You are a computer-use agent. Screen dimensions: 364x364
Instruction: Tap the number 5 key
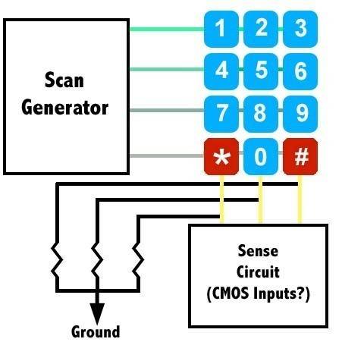pyautogui.click(x=261, y=71)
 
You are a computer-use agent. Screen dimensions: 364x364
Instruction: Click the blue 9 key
pyautogui.click(x=300, y=115)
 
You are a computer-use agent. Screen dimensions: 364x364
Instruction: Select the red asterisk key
pyautogui.click(x=221, y=156)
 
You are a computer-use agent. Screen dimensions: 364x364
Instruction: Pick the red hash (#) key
pyautogui.click(x=300, y=156)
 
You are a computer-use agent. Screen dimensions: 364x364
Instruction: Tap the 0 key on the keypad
pyautogui.click(x=261, y=156)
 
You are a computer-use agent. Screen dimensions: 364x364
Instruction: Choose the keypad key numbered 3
pyautogui.click(x=300, y=29)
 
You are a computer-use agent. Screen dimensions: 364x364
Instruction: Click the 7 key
pyautogui.click(x=221, y=115)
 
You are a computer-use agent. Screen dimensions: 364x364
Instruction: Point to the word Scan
pyautogui.click(x=64, y=80)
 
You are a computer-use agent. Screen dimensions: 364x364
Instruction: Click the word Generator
pyautogui.click(x=65, y=108)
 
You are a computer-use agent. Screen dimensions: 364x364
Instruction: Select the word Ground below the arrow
pyautogui.click(x=96, y=332)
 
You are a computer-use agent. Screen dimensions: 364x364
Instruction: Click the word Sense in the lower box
pyautogui.click(x=258, y=251)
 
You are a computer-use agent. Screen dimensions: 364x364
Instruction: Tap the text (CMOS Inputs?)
pyautogui.click(x=259, y=293)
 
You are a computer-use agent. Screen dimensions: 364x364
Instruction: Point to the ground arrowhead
pyautogui.click(x=97, y=314)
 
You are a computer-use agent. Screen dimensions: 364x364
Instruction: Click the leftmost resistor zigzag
pyautogui.click(x=58, y=260)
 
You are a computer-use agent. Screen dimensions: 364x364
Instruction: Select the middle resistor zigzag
pyautogui.click(x=97, y=260)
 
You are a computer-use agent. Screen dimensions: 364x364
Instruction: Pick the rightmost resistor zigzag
pyautogui.click(x=138, y=260)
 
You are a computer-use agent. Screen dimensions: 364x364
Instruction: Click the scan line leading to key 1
pyautogui.click(x=167, y=30)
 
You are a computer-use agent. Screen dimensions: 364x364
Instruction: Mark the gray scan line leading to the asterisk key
pyautogui.click(x=167, y=155)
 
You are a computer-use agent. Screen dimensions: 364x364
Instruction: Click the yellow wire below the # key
pyautogui.click(x=300, y=199)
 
